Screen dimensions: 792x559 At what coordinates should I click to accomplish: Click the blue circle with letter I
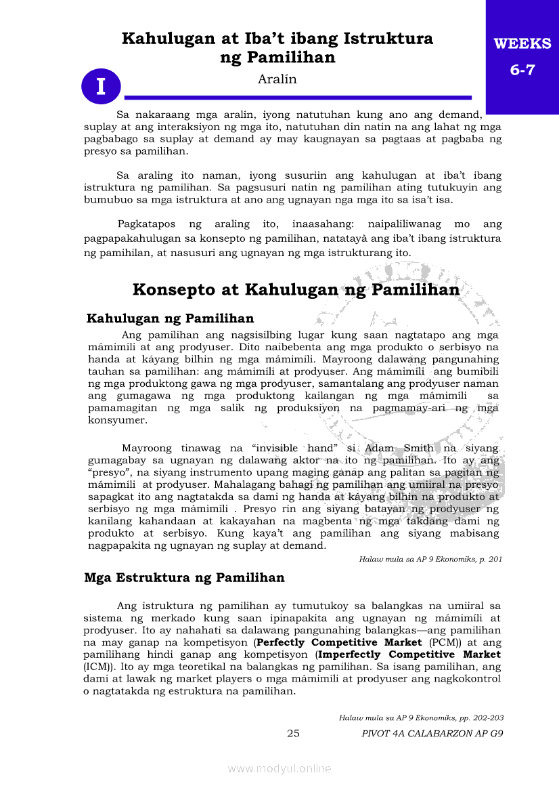[x=101, y=87]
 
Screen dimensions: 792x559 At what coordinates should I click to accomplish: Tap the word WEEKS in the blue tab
[x=522, y=44]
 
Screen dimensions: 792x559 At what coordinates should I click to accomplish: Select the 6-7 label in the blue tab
[x=522, y=70]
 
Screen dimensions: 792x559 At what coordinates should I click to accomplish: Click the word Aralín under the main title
[x=277, y=79]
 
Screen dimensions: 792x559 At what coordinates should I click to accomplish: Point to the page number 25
[x=293, y=733]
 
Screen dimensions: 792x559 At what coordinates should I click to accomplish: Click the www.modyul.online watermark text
[x=279, y=768]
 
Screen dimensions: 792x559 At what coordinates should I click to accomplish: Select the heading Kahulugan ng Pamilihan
[x=171, y=318]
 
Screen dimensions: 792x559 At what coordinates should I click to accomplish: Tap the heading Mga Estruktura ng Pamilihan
[x=184, y=578]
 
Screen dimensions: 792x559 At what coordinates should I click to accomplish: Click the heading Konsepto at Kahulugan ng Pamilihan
[x=296, y=290]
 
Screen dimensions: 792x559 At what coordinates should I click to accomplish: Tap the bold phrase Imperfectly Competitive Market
[x=409, y=654]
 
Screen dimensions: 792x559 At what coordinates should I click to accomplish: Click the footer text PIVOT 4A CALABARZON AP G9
[x=432, y=733]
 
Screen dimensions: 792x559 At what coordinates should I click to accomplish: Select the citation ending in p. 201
[x=430, y=559]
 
